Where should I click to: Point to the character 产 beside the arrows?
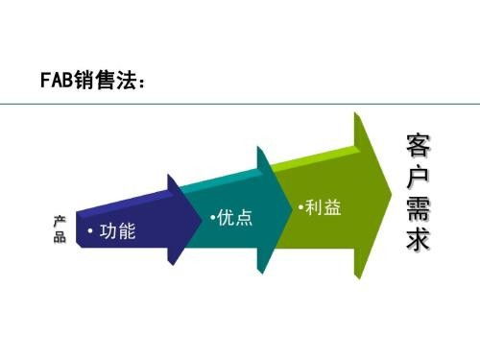[59, 221]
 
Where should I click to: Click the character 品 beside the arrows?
[59, 237]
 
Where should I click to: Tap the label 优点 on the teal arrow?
[234, 218]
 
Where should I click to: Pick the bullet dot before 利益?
[300, 207]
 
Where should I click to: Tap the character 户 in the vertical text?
[418, 180]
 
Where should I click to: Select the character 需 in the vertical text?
[418, 211]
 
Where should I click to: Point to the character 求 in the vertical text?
[418, 241]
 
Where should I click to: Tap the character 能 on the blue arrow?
[127, 233]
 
